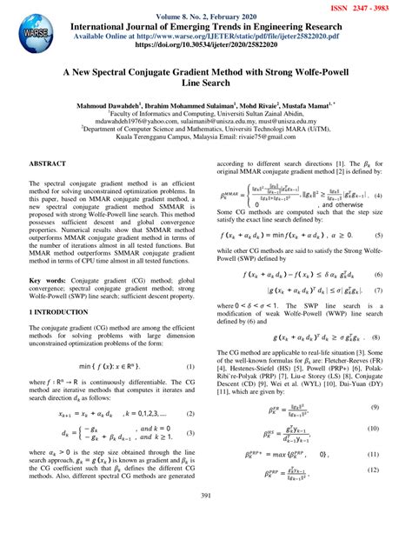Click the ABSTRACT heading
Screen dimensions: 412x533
click(x=49, y=163)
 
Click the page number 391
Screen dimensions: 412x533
click(x=206, y=520)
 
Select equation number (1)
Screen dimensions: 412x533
click(x=189, y=369)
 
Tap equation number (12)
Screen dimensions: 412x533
click(x=375, y=470)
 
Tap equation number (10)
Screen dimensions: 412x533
click(x=375, y=430)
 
